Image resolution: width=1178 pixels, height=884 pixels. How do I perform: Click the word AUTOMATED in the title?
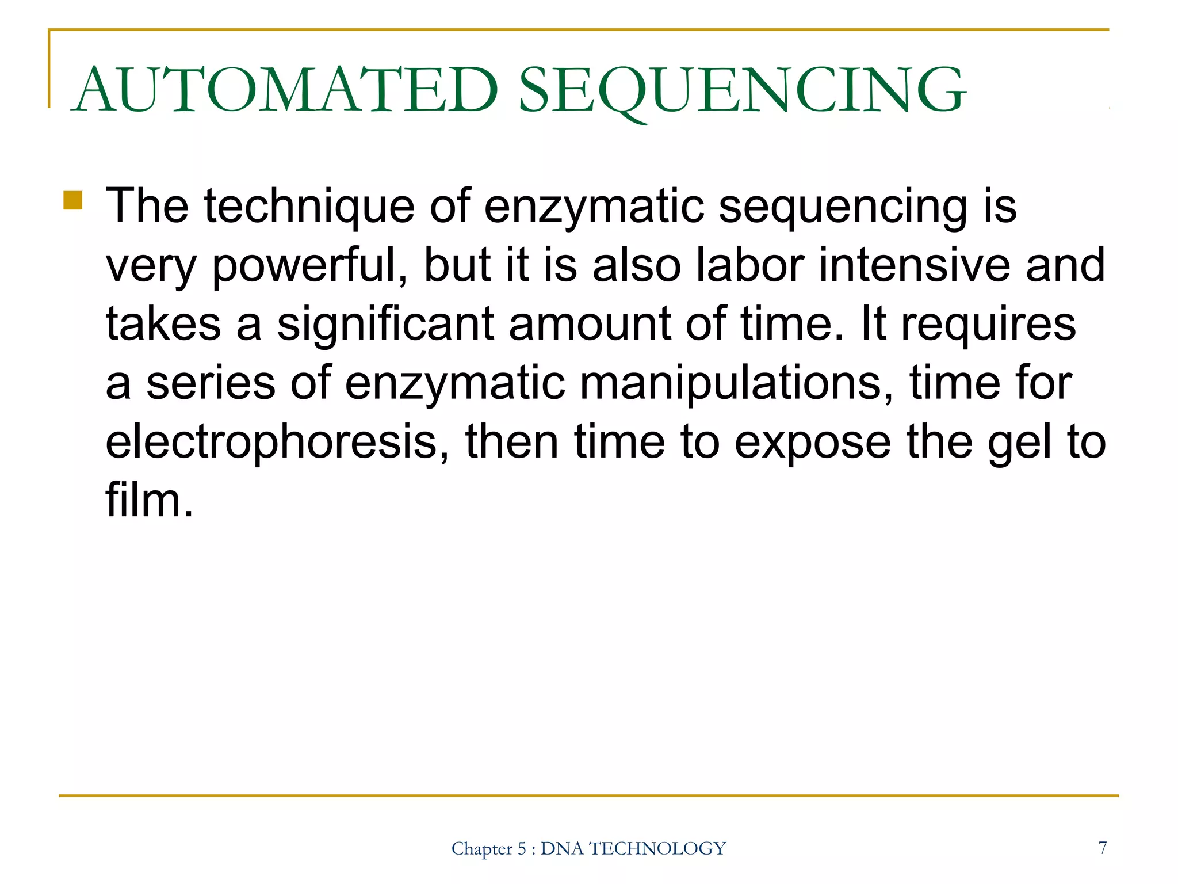286,90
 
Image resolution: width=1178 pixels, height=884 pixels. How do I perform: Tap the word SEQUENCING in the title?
742,90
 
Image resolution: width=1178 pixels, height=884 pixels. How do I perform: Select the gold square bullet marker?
73,201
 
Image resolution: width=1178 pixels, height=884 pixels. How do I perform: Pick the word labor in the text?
750,265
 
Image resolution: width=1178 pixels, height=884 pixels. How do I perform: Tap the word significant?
385,324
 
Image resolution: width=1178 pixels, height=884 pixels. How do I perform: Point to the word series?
211,383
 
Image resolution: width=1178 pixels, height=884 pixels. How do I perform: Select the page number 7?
1102,848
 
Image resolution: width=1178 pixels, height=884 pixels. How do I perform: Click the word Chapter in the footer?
481,849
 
